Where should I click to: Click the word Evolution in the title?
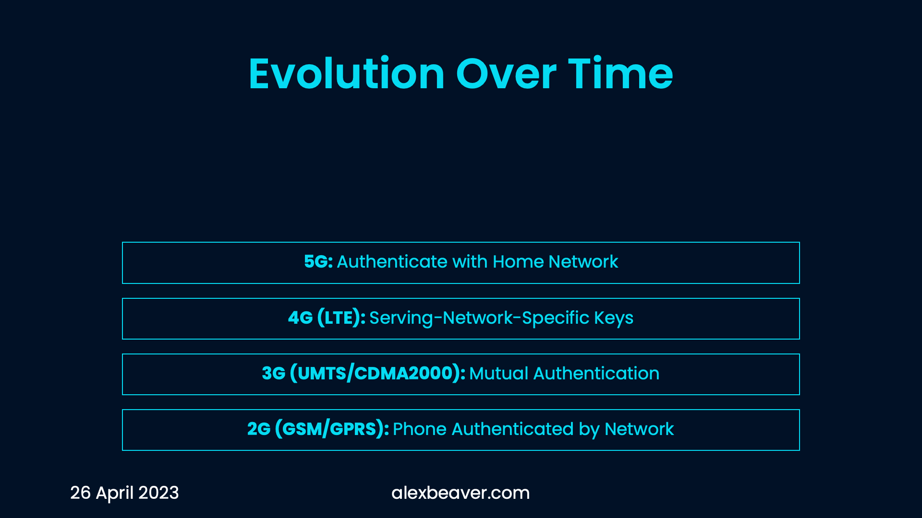pyautogui.click(x=347, y=73)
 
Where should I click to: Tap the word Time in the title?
pyautogui.click(x=620, y=73)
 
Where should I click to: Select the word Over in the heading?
pyautogui.click(x=506, y=74)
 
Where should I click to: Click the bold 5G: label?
pyautogui.click(x=318, y=262)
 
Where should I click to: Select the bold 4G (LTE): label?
pyautogui.click(x=327, y=318)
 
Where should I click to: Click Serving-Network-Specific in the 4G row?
pyautogui.click(x=479, y=318)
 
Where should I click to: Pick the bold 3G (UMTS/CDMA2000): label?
pyautogui.click(x=364, y=374)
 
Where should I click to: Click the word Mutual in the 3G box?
pyautogui.click(x=499, y=374)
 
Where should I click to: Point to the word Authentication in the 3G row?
pyautogui.click(x=596, y=374)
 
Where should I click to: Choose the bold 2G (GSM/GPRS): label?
pyautogui.click(x=318, y=429)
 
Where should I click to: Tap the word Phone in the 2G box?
pyautogui.click(x=420, y=429)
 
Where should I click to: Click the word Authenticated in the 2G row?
pyautogui.click(x=513, y=429)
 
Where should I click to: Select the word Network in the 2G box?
pyautogui.click(x=639, y=429)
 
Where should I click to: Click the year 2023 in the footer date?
pyautogui.click(x=158, y=493)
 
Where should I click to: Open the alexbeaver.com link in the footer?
pyautogui.click(x=461, y=493)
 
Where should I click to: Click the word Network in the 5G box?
pyautogui.click(x=583, y=262)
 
